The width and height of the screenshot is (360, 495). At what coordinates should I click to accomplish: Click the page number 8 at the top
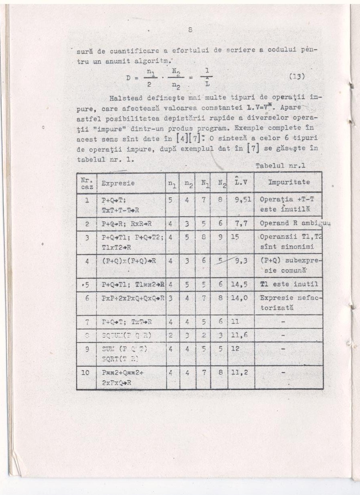pos(190,29)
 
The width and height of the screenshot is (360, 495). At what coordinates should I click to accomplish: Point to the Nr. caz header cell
pos(86,183)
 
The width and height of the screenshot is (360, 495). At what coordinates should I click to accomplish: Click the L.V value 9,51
pos(241,199)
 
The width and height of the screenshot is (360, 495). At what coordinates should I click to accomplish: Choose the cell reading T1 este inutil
pos(289,284)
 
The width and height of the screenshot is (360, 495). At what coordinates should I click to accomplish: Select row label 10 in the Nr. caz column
pos(85,373)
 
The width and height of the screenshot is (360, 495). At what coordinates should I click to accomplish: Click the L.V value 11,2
pos(240,373)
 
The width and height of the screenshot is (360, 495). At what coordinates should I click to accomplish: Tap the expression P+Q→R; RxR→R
pos(126,223)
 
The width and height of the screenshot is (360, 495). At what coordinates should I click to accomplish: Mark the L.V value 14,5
pos(240,284)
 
